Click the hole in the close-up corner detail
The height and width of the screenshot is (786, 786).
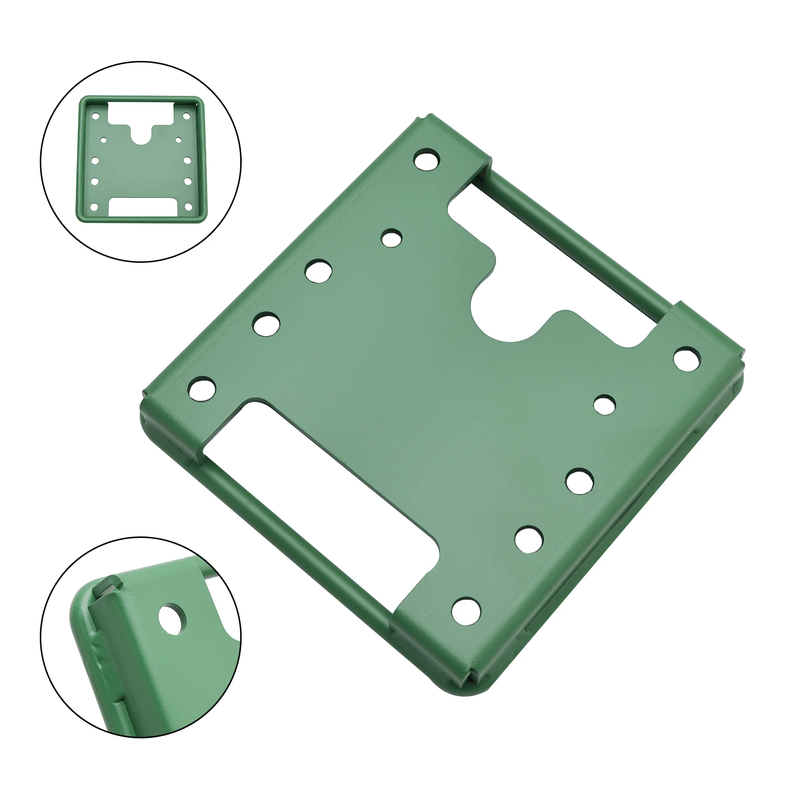point(173,618)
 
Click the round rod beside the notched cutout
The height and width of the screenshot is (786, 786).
point(580,241)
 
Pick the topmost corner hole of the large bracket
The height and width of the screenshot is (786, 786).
point(426,160)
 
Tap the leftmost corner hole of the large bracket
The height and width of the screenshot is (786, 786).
point(202,388)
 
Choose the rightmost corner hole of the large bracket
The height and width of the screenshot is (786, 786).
point(687,358)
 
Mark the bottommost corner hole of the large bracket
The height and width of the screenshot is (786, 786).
point(465,610)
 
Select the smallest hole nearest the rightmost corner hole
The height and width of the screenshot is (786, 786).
point(604,406)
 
